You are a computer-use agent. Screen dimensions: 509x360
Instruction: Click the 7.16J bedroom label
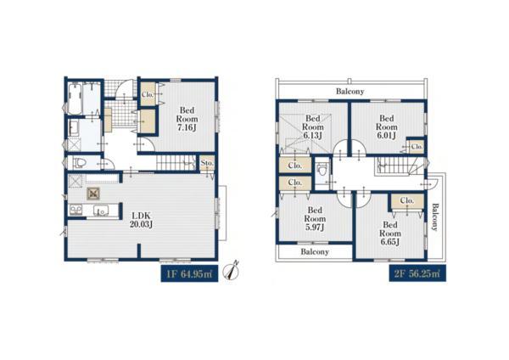tap(187, 119)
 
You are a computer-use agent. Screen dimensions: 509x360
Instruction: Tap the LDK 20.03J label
tap(141, 220)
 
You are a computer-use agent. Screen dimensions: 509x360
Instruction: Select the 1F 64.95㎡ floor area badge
tap(189, 274)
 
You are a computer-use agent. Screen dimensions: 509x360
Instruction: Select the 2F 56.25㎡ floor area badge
tap(417, 273)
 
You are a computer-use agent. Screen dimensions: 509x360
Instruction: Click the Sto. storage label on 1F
tap(207, 163)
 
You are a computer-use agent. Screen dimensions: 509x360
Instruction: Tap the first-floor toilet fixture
tap(79, 162)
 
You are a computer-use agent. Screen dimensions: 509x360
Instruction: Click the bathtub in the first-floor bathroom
tap(75, 98)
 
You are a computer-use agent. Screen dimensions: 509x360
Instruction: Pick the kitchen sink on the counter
tap(101, 211)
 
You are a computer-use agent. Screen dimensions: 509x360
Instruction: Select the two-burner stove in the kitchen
tap(76, 210)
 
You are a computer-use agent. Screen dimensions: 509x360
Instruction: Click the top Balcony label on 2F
tap(350, 92)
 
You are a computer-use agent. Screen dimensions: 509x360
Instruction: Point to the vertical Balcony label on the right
tap(434, 217)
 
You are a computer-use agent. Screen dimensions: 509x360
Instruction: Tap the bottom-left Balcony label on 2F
tap(315, 251)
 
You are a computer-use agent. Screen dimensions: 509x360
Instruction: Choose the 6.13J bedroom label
tap(313, 127)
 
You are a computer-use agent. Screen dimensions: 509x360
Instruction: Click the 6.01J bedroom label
tap(387, 127)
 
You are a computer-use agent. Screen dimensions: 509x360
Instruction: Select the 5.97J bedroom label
tap(315, 219)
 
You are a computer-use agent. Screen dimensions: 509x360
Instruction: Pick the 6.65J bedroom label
tap(390, 233)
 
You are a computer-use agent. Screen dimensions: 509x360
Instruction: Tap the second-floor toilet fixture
tap(322, 169)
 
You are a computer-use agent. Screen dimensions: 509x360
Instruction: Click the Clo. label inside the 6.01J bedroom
tap(417, 147)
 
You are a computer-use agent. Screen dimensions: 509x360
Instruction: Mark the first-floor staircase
tap(176, 162)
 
